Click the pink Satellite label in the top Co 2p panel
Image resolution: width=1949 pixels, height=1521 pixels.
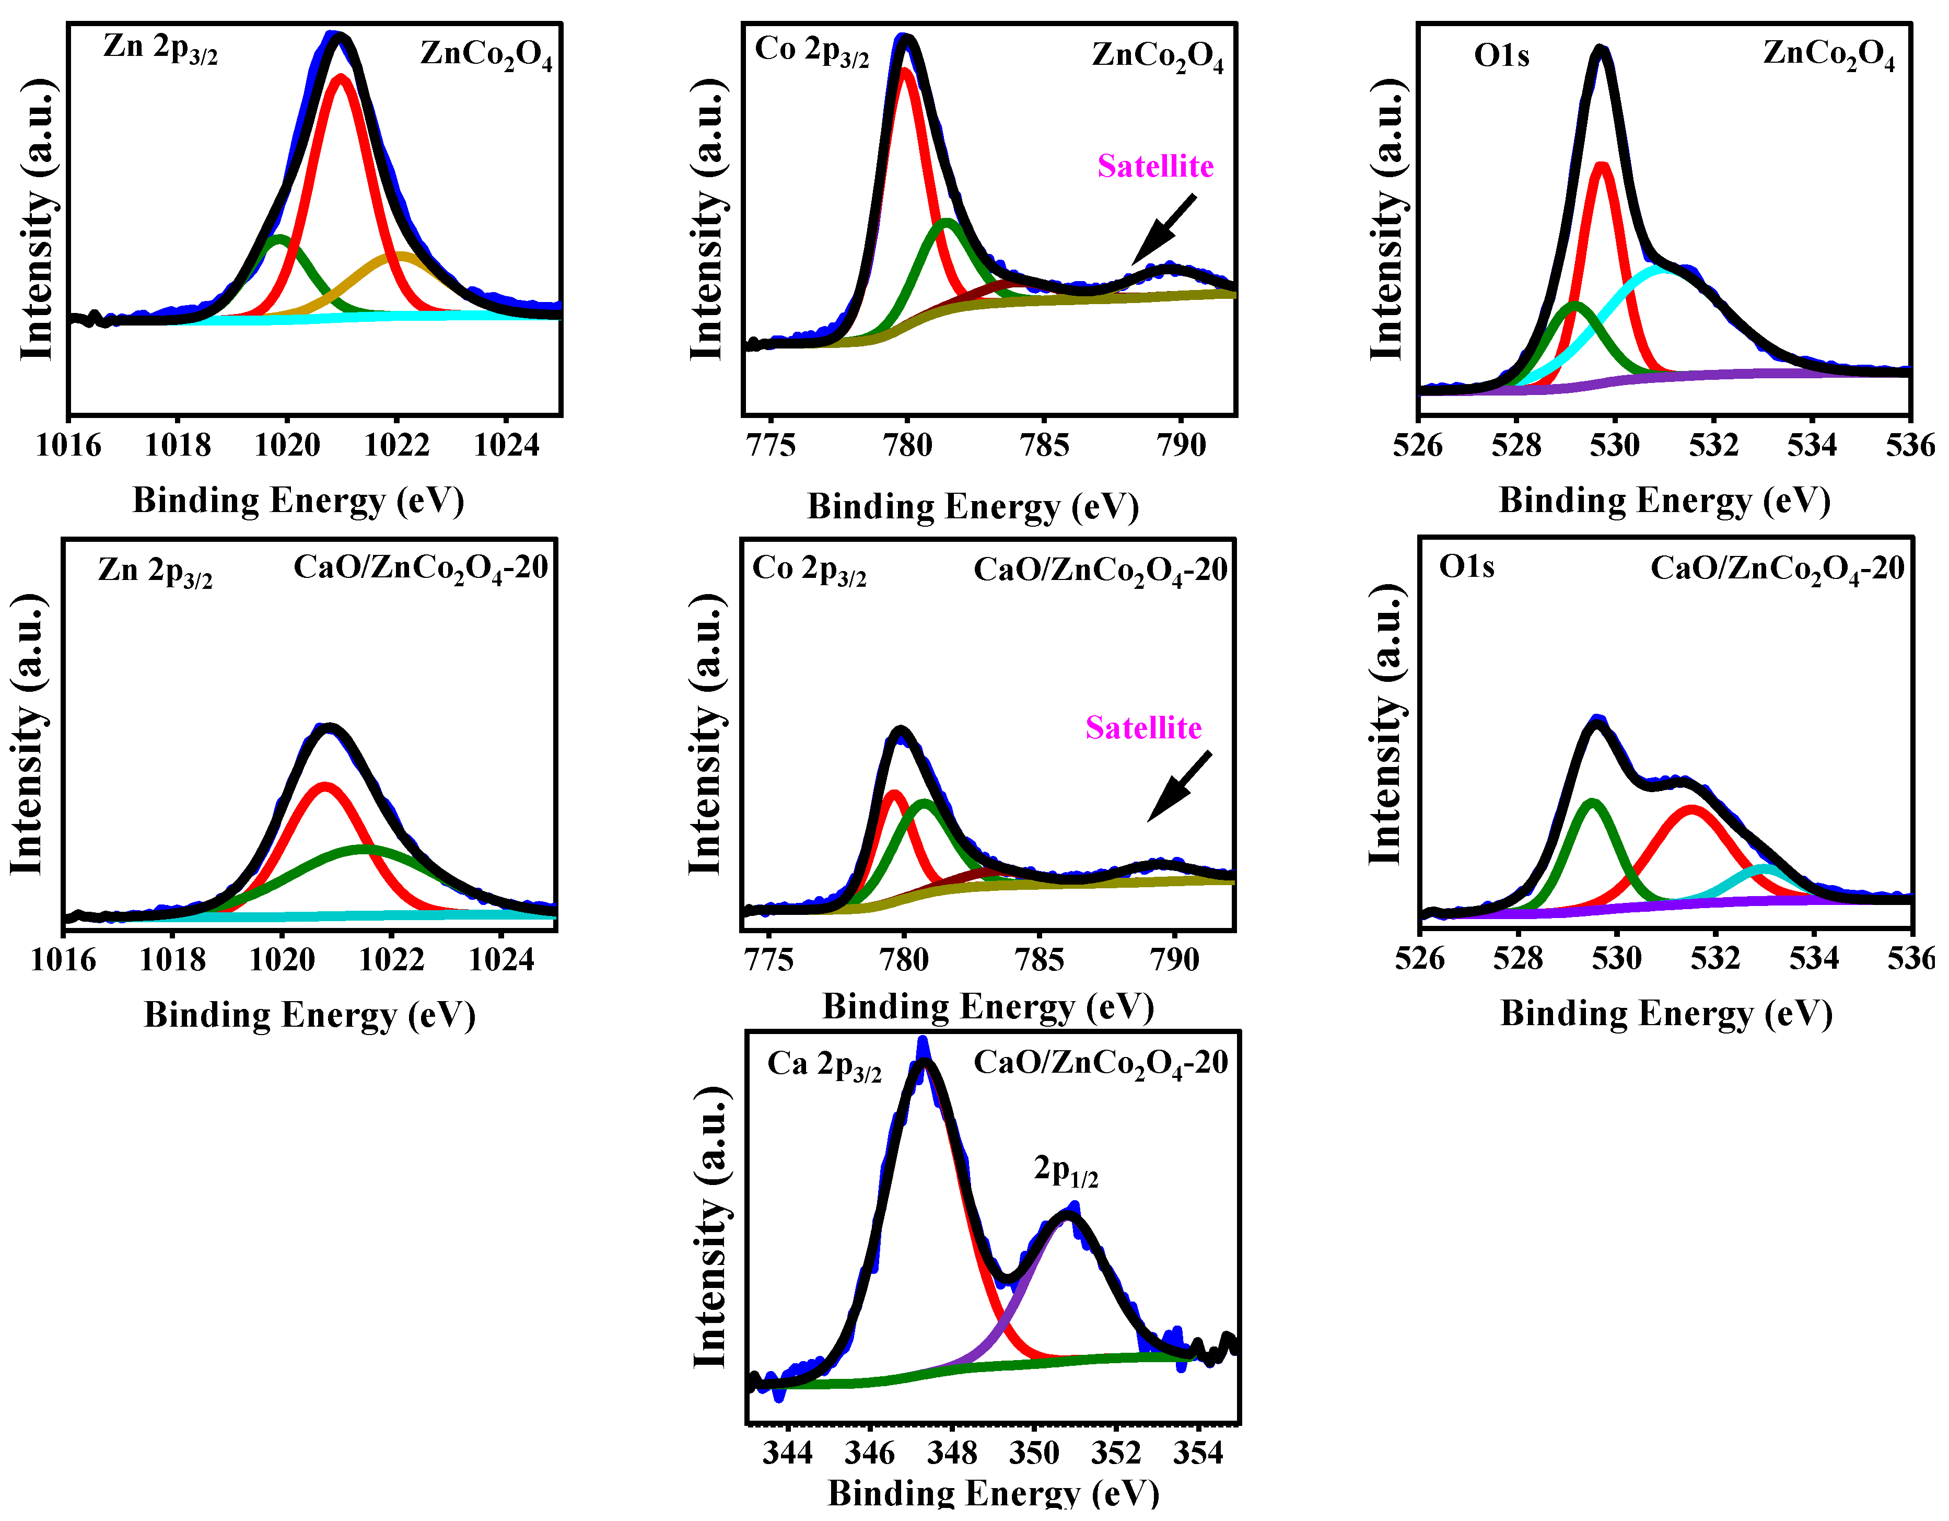pyautogui.click(x=1155, y=166)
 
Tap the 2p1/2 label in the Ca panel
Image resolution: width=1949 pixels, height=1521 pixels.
pyautogui.click(x=1066, y=1170)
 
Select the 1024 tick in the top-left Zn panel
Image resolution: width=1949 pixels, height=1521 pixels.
pyautogui.click(x=506, y=445)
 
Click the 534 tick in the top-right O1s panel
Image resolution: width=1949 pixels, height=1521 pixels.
pyautogui.click(x=1812, y=445)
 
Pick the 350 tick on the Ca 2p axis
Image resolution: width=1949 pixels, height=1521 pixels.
pyautogui.click(x=1034, y=1453)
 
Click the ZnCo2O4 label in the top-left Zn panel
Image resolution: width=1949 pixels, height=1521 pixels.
pyautogui.click(x=486, y=55)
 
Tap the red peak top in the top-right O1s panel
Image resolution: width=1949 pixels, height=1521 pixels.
pyautogui.click(x=1602, y=165)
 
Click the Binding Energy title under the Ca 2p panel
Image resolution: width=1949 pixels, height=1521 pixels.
pyautogui.click(x=993, y=1494)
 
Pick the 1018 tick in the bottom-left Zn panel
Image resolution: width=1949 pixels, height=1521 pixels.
pyautogui.click(x=172, y=959)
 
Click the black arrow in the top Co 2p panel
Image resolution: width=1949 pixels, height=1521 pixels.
pyautogui.click(x=1164, y=230)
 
